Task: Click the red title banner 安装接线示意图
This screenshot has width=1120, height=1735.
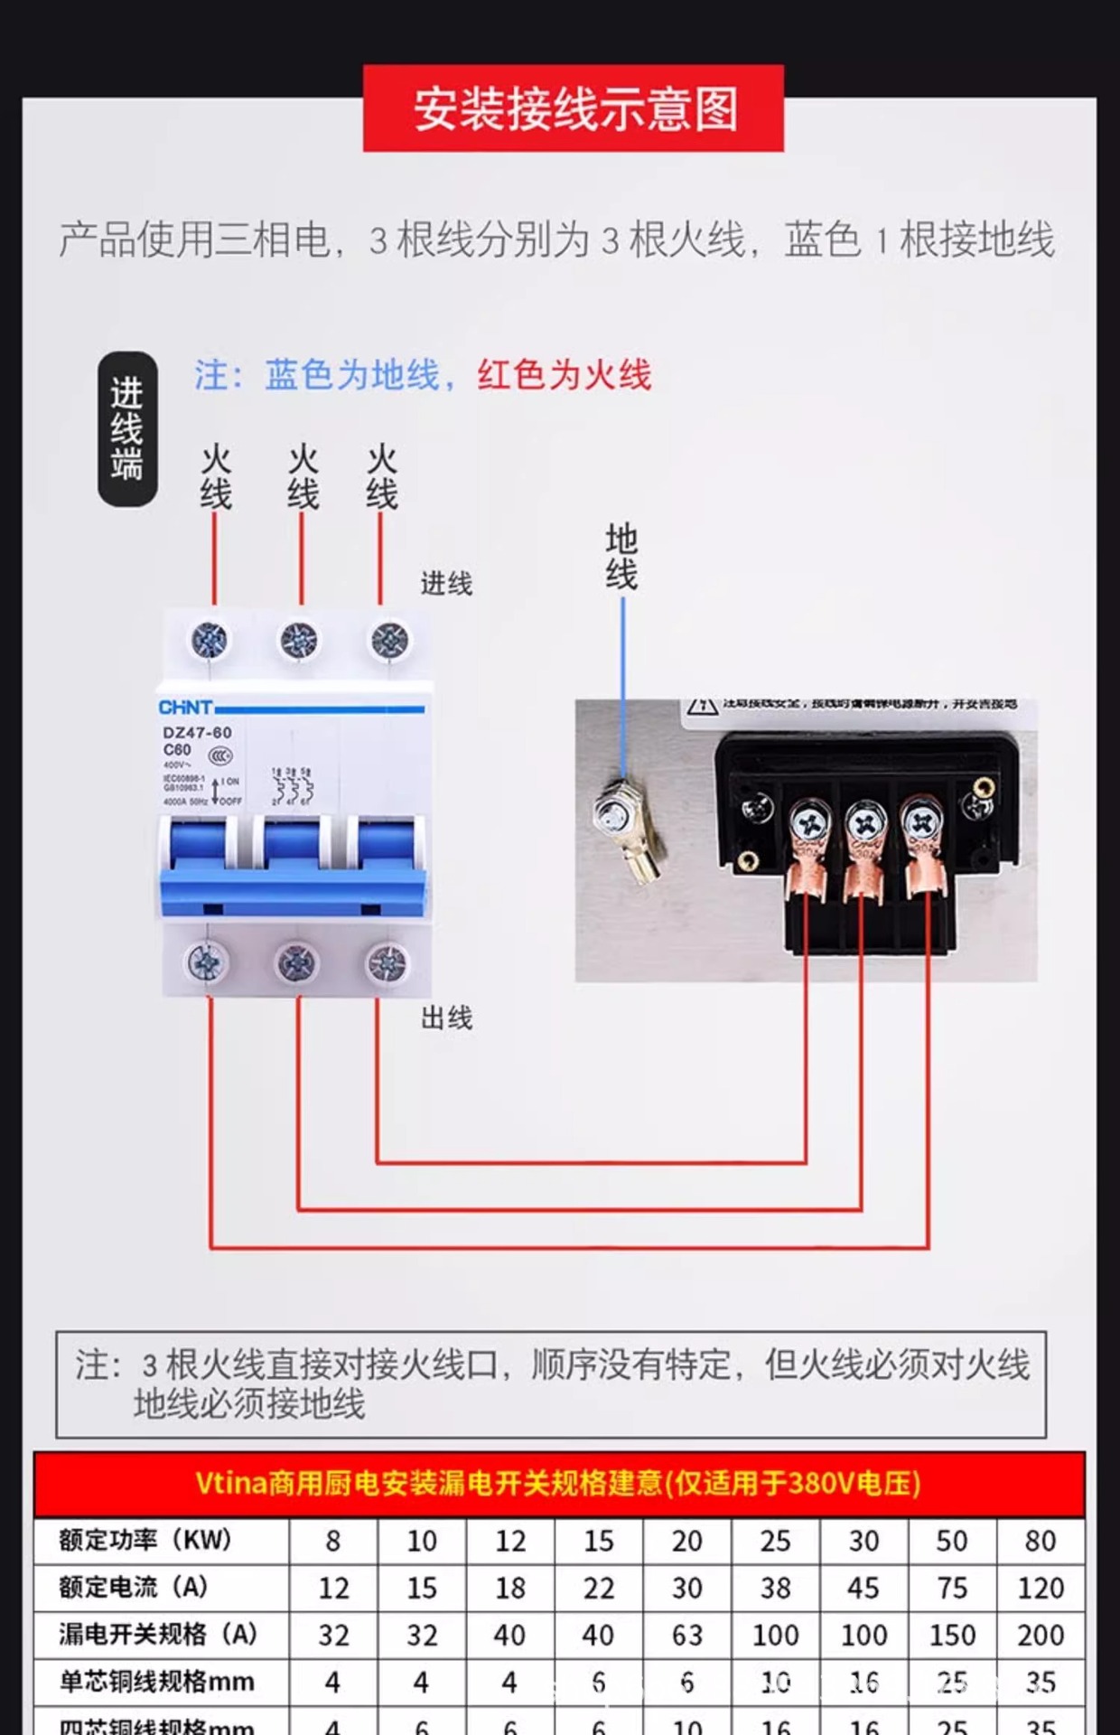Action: [573, 108]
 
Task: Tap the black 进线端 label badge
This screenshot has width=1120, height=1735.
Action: [127, 428]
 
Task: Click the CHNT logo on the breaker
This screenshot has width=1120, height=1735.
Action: [185, 708]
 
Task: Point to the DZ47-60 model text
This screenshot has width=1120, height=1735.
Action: [197, 733]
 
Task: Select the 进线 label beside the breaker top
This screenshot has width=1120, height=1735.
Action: [446, 584]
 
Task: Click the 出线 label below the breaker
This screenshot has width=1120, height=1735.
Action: [446, 1018]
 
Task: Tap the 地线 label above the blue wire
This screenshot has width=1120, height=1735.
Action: [621, 557]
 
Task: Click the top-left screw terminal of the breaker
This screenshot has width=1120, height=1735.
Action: [210, 640]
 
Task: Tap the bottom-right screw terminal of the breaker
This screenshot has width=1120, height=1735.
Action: [386, 964]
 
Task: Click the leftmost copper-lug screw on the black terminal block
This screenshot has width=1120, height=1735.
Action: [807, 823]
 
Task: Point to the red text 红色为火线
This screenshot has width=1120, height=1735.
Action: [565, 375]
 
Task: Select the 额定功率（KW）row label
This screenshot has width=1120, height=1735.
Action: [145, 1540]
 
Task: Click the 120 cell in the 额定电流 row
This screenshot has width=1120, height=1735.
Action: [1040, 1588]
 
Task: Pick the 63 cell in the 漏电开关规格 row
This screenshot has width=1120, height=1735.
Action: [686, 1635]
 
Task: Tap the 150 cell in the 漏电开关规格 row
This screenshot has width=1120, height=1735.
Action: [952, 1635]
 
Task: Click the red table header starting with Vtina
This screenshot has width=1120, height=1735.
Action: [558, 1484]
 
